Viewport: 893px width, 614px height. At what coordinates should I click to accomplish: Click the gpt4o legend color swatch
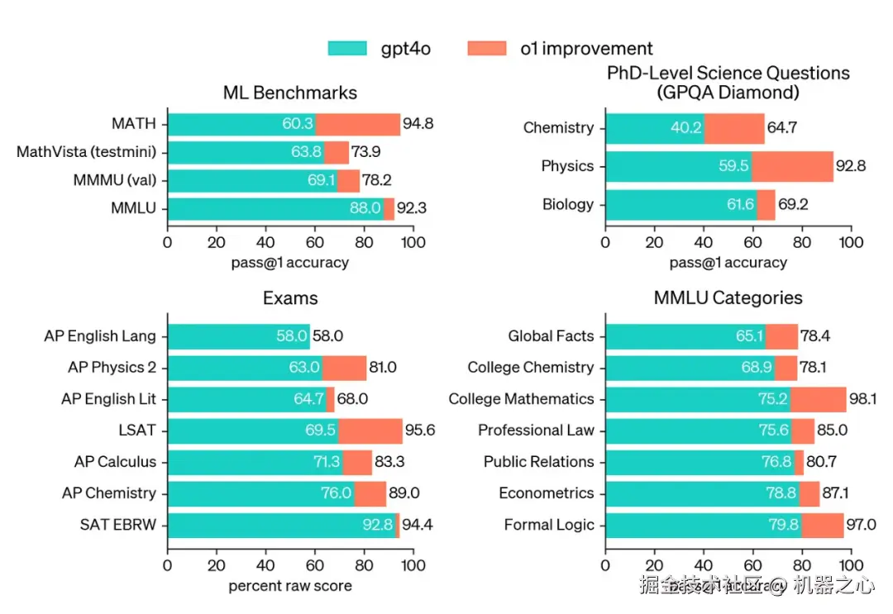tap(349, 49)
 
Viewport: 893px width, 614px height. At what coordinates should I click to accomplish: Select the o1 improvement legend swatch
tap(488, 49)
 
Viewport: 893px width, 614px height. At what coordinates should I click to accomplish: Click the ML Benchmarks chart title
tap(290, 93)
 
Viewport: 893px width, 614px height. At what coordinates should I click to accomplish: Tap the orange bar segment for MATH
tap(358, 125)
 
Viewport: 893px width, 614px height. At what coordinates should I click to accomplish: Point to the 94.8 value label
tap(418, 125)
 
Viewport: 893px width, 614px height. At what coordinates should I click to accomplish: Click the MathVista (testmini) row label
tap(87, 153)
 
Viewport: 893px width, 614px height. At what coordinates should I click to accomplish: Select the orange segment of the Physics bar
tap(792, 166)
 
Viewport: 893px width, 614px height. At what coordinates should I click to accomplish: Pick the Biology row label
tap(568, 204)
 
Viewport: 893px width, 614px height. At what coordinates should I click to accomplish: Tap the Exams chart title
tap(290, 297)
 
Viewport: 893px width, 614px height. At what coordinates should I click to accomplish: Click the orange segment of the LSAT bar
tap(370, 431)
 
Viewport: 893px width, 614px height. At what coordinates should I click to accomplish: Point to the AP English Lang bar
tap(239, 336)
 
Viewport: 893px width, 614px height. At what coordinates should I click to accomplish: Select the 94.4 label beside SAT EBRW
tap(418, 525)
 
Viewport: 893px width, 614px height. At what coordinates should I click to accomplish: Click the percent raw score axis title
tap(290, 586)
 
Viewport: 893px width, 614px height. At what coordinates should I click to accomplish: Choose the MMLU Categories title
tap(728, 297)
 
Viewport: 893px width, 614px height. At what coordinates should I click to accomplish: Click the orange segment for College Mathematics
tap(819, 399)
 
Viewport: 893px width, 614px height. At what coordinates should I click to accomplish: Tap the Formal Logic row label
tap(549, 525)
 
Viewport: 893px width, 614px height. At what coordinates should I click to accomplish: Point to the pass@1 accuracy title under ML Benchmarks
tap(290, 263)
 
